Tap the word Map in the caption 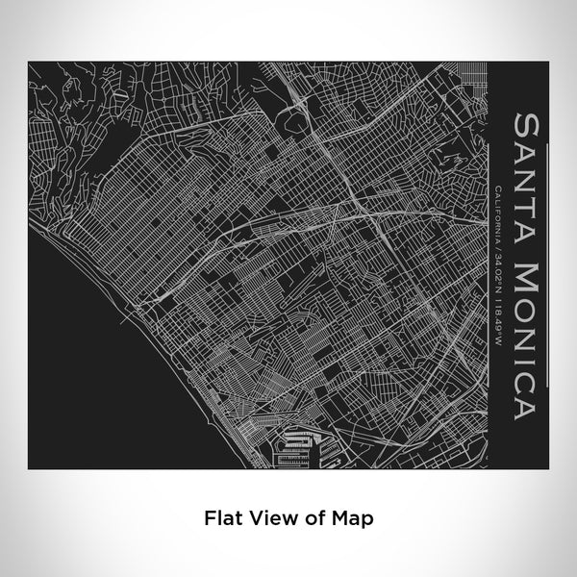[x=355, y=516]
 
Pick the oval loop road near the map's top [x=291, y=120]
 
